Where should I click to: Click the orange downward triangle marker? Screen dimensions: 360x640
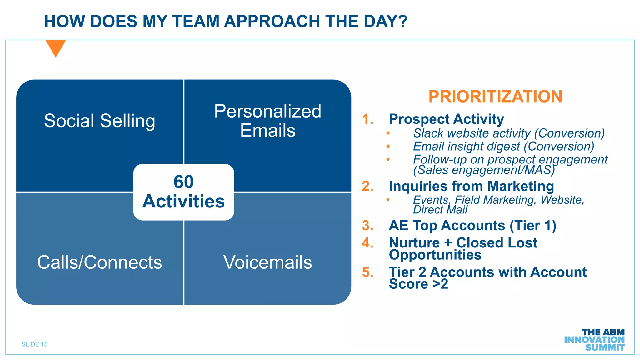[56, 47]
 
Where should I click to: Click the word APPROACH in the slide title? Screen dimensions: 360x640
[272, 22]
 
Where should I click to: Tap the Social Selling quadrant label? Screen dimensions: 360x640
[99, 121]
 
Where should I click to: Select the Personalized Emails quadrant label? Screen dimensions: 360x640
[267, 121]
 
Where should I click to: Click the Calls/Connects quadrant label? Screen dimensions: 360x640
[99, 262]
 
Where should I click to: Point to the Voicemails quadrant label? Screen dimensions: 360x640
[267, 262]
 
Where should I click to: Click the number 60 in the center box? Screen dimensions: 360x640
[183, 182]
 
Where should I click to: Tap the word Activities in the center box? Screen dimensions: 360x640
[183, 201]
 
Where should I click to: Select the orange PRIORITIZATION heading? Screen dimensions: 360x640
[495, 96]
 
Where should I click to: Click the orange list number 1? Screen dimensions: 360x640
[367, 119]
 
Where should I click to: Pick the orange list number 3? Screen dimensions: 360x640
[367, 226]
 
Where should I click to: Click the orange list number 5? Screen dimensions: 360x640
[367, 272]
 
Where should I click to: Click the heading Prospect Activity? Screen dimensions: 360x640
[446, 119]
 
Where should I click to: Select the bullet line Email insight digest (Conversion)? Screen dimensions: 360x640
[503, 147]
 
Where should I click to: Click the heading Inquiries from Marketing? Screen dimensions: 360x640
[471, 186]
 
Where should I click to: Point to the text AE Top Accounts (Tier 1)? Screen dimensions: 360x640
[472, 226]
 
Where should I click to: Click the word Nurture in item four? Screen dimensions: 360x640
[414, 243]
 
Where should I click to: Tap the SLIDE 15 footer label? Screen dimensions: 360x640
[35, 344]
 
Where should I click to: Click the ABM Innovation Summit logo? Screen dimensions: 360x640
[594, 340]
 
